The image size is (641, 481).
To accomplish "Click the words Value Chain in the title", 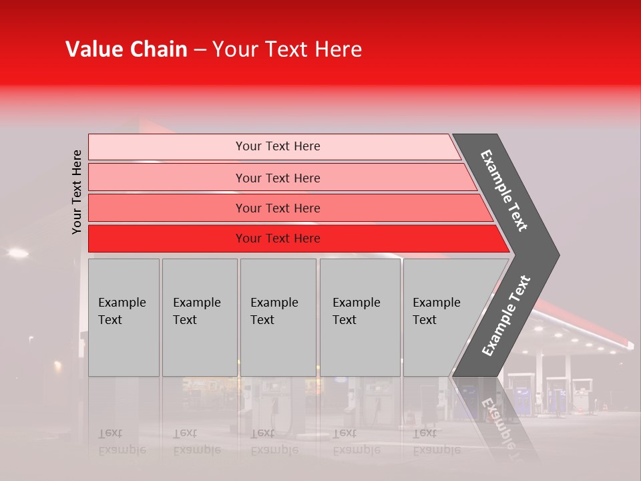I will pos(126,49).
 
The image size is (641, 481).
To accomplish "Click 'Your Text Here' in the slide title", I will pos(287,49).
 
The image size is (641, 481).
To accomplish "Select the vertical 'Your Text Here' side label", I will pos(77,192).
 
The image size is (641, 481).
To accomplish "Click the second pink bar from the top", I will pos(278,178).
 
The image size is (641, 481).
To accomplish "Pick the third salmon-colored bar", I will pos(278,208).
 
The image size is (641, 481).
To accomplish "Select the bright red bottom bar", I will pos(278,238).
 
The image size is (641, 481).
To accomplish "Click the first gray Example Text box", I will pos(124,317).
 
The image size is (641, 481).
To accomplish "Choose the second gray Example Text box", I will pos(199,317).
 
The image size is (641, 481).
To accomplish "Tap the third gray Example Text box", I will pos(278,317).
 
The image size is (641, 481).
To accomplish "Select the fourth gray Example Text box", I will pos(359,317).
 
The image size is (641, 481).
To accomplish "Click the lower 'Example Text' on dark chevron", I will pos(506,315).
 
